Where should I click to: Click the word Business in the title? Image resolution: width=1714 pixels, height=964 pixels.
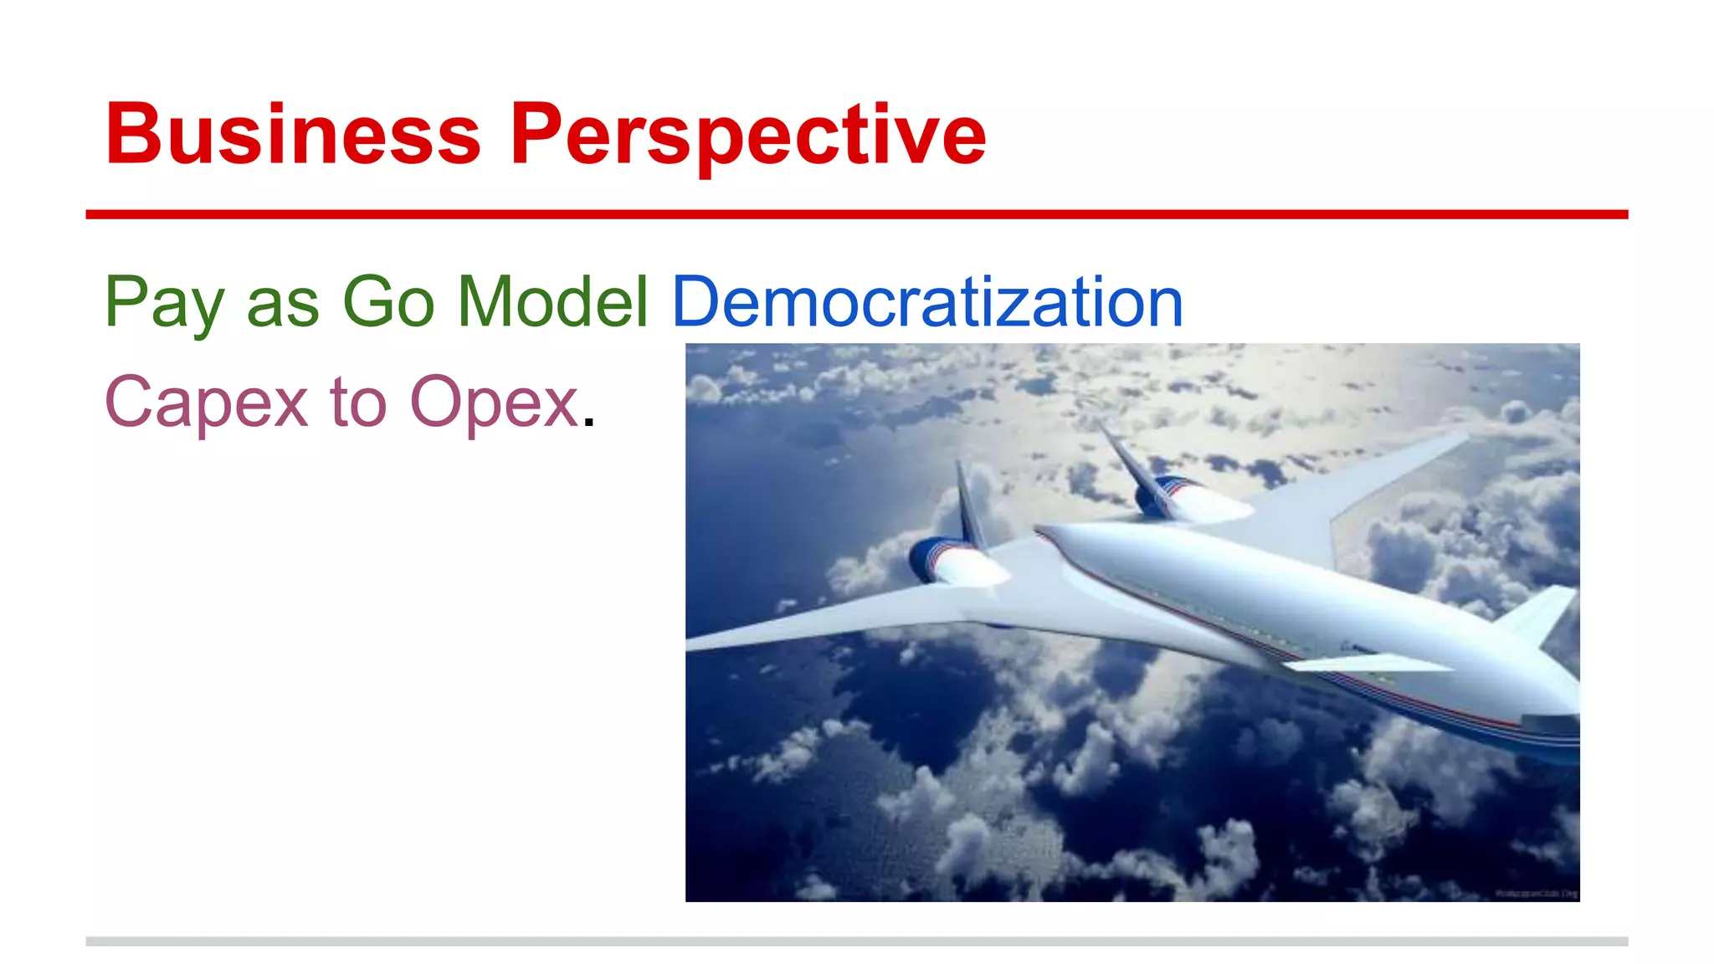pyautogui.click(x=293, y=134)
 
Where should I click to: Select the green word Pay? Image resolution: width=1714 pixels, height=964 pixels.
pyautogui.click(x=163, y=303)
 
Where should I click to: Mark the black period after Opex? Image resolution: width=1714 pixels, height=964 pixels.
pyautogui.click(x=588, y=424)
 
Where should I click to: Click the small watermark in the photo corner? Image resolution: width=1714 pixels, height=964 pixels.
pyautogui.click(x=1537, y=894)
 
